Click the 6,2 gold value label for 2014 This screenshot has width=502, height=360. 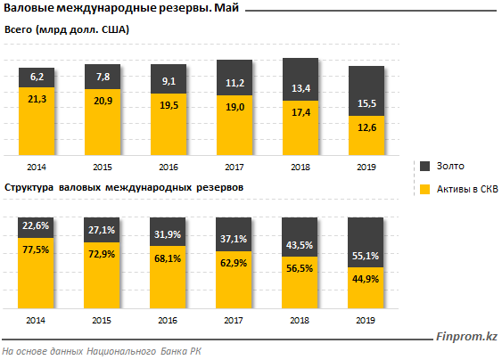pos(37,77)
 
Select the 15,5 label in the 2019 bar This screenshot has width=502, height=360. pos(366,103)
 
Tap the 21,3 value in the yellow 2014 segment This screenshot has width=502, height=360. pos(37,99)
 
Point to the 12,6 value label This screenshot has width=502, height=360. pos(366,127)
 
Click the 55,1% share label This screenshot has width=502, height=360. pos(366,256)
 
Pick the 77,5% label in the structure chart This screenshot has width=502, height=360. pos(36,250)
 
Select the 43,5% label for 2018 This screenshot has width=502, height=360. pos(300,245)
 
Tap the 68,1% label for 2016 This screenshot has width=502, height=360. pos(168,258)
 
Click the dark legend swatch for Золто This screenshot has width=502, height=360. pos(424,166)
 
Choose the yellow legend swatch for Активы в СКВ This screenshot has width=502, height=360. pos(424,189)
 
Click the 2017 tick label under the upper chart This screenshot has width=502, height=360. pos(235,167)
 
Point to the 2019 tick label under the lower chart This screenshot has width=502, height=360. pos(366,320)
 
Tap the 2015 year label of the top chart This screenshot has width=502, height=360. pos(103,167)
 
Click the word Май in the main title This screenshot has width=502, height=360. pos(226,8)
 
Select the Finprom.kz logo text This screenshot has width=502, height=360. pos(466,336)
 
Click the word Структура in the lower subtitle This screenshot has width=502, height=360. pos(29,187)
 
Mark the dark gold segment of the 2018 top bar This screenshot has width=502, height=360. pos(300,79)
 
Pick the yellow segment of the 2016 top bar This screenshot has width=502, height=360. pos(169,125)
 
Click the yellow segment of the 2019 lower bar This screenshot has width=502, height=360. pos(366,288)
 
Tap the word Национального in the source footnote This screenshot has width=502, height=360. pos(121,351)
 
